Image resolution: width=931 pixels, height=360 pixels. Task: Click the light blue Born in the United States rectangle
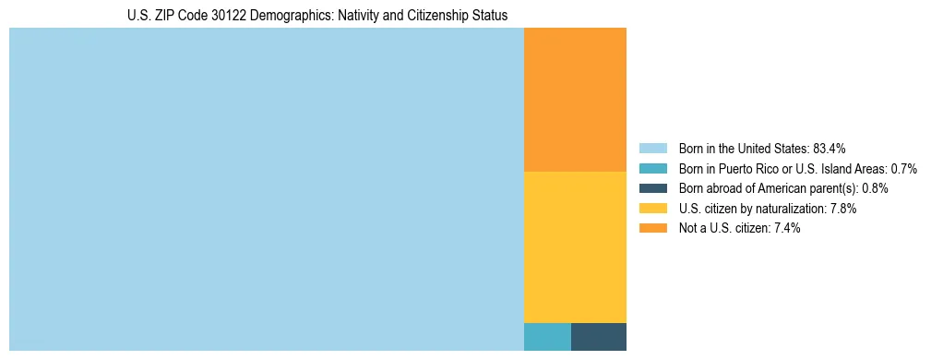(266, 189)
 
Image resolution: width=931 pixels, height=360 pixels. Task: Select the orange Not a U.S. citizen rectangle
(575, 100)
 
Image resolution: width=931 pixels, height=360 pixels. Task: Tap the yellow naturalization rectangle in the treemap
(575, 246)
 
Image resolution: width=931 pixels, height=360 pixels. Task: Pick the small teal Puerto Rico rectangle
(547, 337)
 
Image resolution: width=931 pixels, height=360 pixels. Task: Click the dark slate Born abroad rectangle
(599, 337)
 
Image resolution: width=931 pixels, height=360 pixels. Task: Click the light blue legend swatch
(652, 149)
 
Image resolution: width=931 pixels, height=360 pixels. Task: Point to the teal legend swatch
(652, 169)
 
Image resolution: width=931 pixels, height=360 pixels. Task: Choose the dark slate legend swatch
(652, 188)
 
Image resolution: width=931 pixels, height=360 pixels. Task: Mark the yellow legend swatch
(652, 209)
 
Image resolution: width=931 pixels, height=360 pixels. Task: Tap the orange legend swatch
(652, 228)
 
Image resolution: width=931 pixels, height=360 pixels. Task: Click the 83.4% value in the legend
(830, 149)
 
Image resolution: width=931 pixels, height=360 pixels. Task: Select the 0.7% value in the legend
(903, 169)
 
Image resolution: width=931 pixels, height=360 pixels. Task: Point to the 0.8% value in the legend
(875, 188)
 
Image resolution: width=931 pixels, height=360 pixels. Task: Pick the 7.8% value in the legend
(843, 209)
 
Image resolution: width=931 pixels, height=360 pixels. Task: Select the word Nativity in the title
(343, 15)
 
